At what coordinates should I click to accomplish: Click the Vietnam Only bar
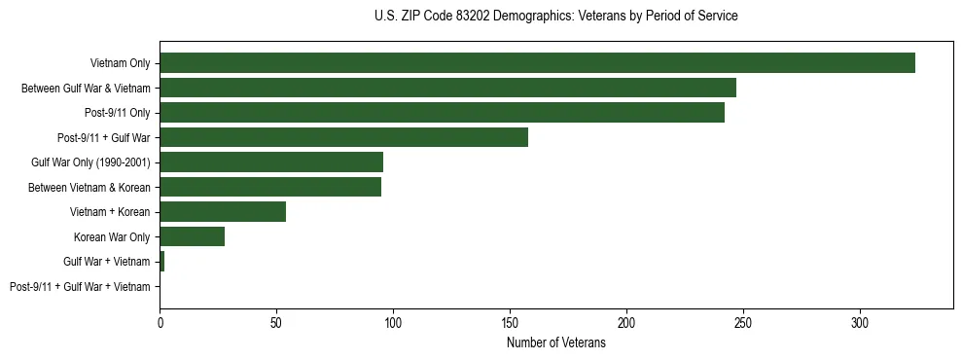(x=537, y=63)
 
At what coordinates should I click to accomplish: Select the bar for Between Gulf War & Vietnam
(x=447, y=88)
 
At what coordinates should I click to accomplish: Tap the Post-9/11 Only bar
(x=442, y=113)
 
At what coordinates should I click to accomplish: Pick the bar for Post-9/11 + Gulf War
(x=343, y=137)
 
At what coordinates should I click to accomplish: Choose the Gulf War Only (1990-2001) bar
(x=271, y=162)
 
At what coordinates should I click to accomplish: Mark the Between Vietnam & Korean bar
(x=270, y=187)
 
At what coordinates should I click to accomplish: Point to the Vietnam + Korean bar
(x=223, y=211)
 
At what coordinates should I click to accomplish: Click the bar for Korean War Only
(x=192, y=236)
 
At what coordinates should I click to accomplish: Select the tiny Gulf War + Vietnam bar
(x=162, y=261)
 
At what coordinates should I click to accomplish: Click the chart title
(x=555, y=17)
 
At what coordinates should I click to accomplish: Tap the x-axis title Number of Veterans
(x=555, y=342)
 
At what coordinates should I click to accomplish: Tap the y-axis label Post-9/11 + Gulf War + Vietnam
(x=80, y=286)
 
